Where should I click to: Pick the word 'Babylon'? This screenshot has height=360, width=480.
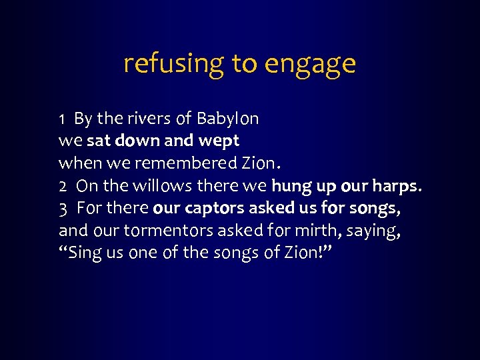point(227,119)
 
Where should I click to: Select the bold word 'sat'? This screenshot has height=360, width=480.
point(98,141)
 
